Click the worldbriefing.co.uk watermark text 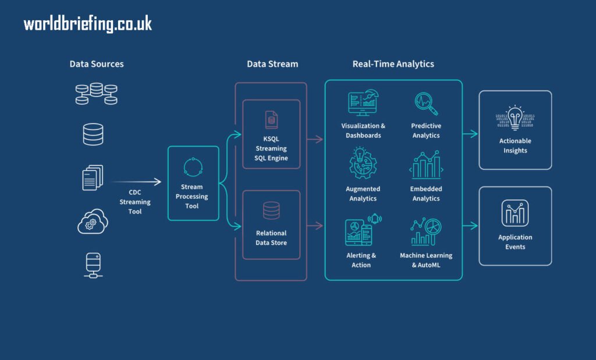coord(88,24)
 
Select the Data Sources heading coord(97,64)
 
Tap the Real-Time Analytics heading coord(393,64)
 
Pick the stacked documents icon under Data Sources coord(93,177)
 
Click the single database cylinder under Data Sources coord(93,134)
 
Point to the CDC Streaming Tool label coord(135,202)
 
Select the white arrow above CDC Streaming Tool coord(137,182)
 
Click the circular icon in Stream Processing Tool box coord(193,167)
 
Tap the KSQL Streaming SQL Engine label coord(271,148)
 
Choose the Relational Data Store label coord(271,238)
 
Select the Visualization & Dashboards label coord(363,130)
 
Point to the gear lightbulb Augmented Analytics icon coord(363,163)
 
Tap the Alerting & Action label coord(361,260)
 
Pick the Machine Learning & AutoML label coord(426,260)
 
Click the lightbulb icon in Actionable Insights coord(515,119)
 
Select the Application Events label coord(515,242)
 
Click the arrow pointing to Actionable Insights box coord(470,134)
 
